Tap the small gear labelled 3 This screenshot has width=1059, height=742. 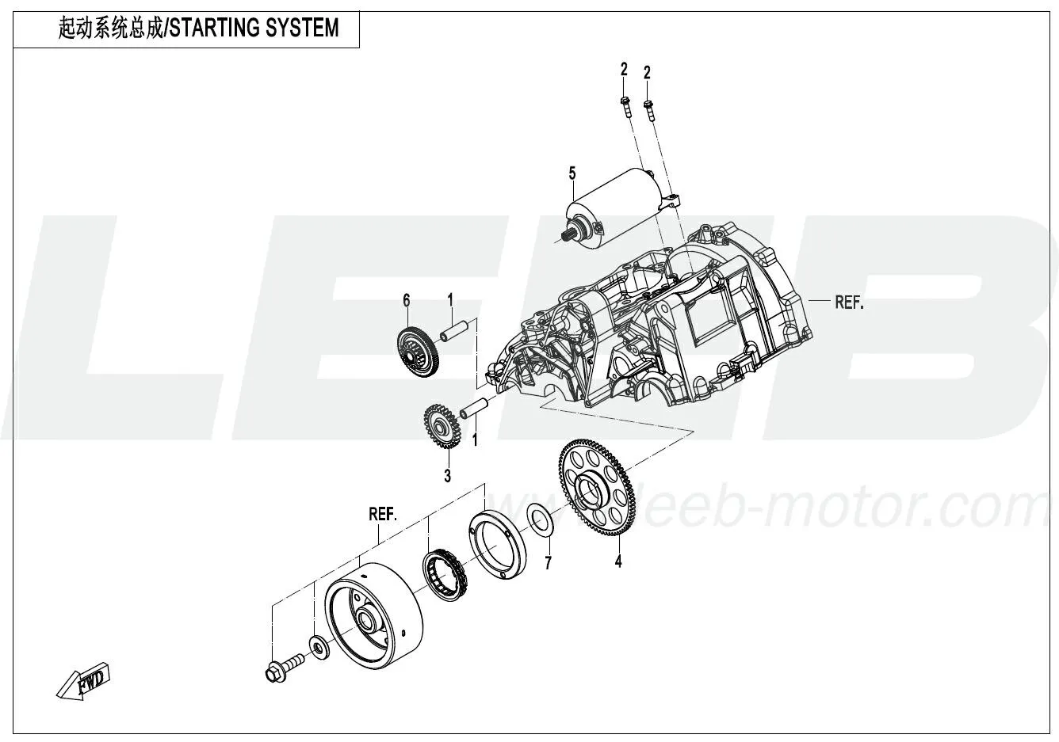438,428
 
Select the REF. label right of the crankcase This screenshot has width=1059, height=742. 848,302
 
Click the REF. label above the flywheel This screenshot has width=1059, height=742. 383,513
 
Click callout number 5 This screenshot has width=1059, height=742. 571,173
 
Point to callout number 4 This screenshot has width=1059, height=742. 618,562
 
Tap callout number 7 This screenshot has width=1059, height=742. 547,563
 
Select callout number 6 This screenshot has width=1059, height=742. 407,299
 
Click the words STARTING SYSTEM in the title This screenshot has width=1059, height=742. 254,29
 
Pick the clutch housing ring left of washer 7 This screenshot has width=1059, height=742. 496,545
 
